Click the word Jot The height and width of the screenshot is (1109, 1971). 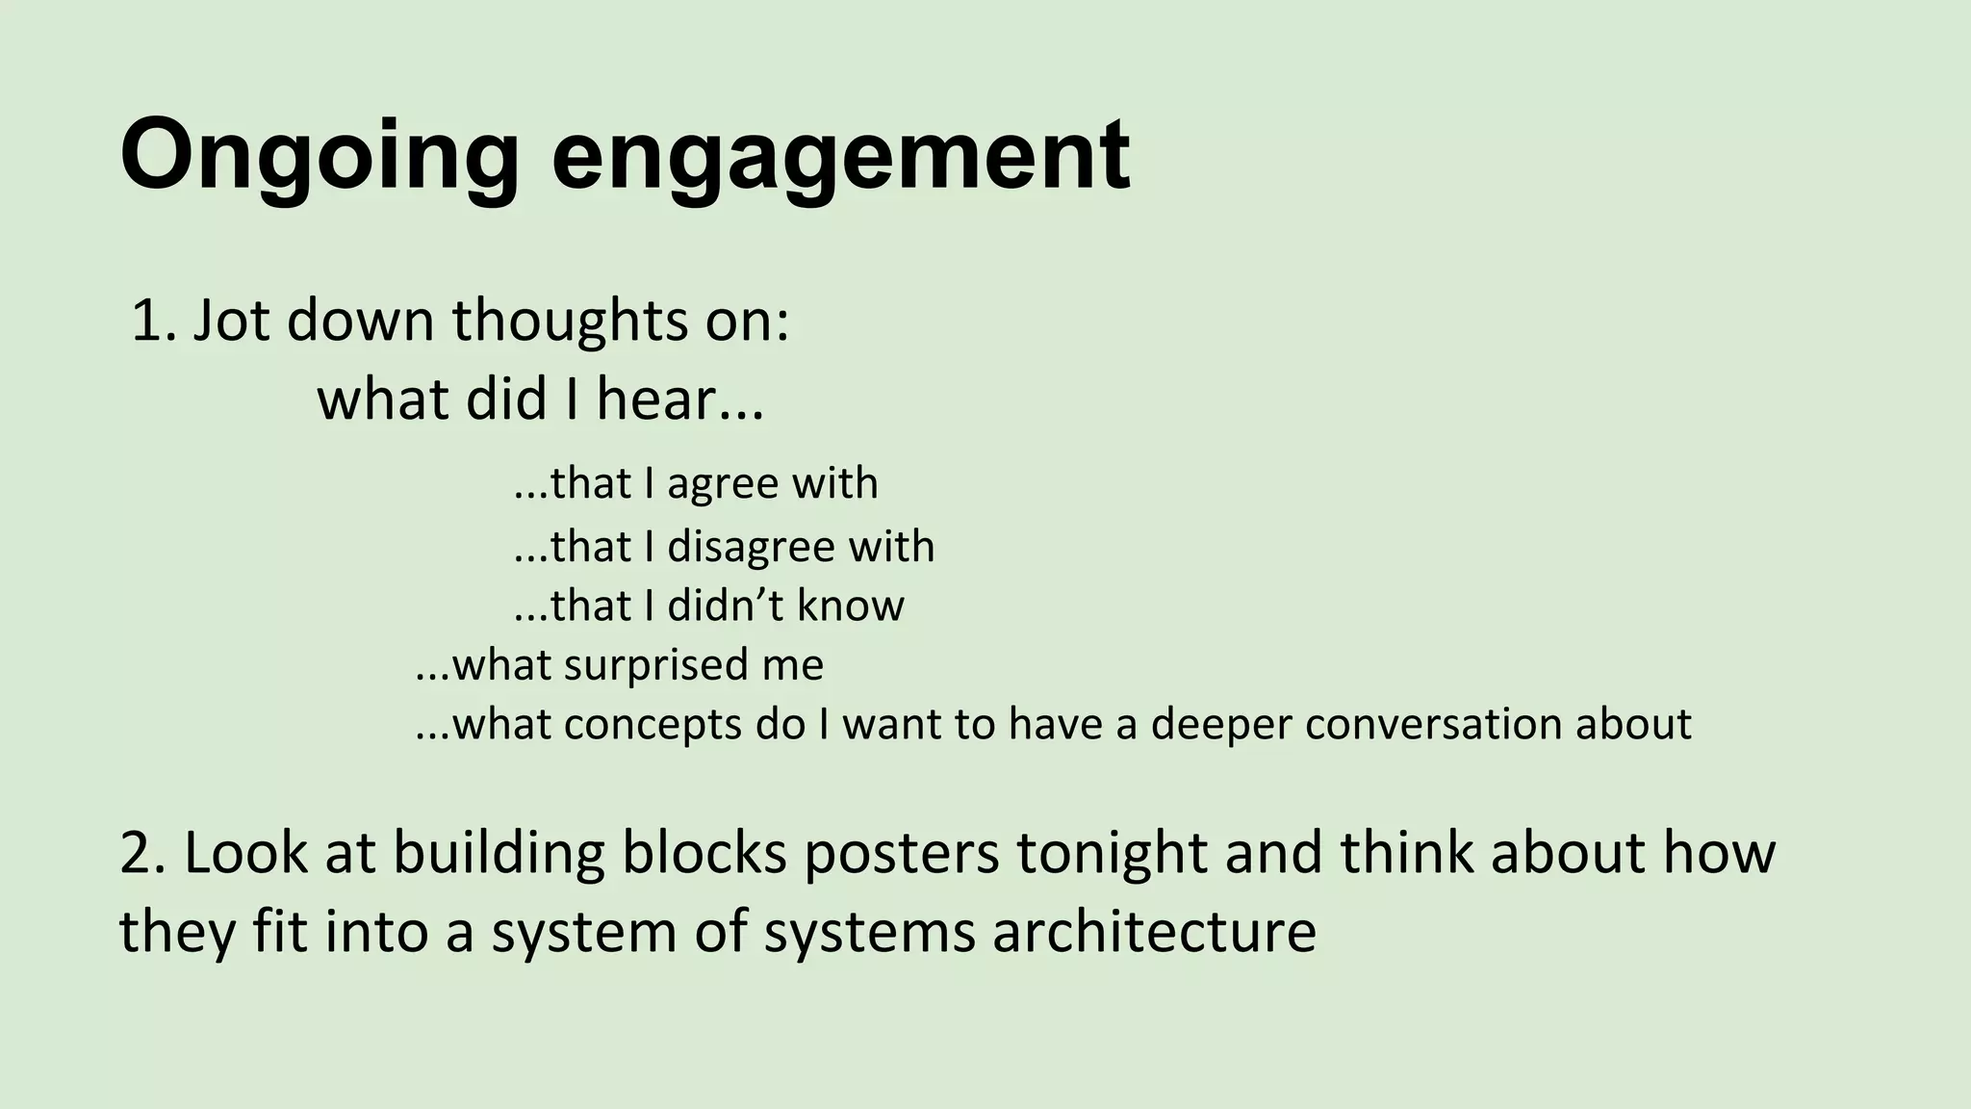(232, 321)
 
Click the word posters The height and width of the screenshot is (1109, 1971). (902, 853)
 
